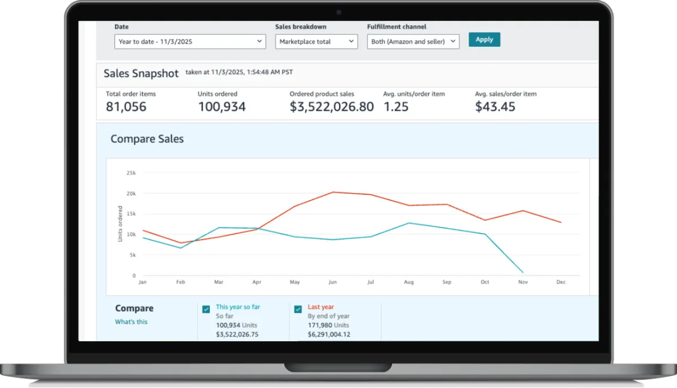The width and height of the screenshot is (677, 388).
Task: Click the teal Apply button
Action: [x=484, y=40]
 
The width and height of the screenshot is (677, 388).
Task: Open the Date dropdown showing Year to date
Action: [x=190, y=41]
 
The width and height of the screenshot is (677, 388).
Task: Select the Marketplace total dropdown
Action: [x=316, y=41]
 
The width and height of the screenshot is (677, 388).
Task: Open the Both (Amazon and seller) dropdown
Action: [x=413, y=41]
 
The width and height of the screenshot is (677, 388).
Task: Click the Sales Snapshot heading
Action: [x=141, y=73]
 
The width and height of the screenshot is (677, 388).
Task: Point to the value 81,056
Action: [x=126, y=107]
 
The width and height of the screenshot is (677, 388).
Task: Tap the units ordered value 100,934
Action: [x=222, y=107]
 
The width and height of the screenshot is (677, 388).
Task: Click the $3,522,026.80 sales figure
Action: [x=332, y=107]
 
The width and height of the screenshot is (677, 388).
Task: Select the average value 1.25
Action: [x=396, y=107]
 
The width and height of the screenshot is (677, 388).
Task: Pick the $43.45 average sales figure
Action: [x=495, y=107]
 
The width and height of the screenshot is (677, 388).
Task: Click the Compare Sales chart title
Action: [x=147, y=139]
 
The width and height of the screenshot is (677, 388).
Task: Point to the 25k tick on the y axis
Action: [x=131, y=173]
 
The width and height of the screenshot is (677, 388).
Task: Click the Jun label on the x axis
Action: [x=332, y=282]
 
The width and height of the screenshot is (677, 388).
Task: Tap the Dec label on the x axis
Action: [x=561, y=282]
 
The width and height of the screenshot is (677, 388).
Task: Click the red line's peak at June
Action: [x=333, y=192]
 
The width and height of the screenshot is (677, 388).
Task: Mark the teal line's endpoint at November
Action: [x=523, y=273]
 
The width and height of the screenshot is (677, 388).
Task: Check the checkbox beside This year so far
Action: [x=206, y=309]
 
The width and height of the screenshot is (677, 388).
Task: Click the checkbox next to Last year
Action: [x=298, y=309]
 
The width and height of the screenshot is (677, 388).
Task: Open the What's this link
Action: [x=131, y=322]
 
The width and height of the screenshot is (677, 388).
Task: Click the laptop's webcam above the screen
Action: [x=338, y=12]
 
